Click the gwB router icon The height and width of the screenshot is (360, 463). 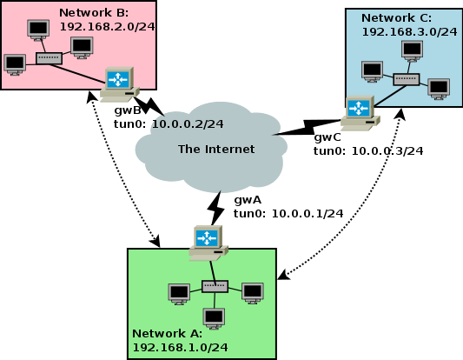119,84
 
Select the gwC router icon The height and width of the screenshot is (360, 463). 360,113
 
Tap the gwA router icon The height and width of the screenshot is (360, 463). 208,243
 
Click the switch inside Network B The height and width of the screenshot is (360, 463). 49,58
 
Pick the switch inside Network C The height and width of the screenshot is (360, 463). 407,79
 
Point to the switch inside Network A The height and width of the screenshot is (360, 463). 215,286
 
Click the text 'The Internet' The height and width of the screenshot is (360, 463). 216,150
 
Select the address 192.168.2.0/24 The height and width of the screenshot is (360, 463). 107,27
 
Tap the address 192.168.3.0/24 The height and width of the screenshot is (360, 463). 409,32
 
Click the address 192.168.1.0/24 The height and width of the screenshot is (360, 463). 180,347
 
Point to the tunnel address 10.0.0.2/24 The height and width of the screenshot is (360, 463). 188,123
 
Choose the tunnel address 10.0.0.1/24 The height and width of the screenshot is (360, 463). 308,213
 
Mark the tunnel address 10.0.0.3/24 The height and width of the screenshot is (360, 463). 387,150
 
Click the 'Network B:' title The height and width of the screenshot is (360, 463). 94,13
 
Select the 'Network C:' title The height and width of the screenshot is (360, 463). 396,18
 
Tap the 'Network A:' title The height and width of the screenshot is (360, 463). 167,334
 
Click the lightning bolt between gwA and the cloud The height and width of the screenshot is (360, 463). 215,209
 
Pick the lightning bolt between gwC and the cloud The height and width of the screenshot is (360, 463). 308,127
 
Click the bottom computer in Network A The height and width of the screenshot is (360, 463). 214,318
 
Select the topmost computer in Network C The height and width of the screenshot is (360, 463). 413,51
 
